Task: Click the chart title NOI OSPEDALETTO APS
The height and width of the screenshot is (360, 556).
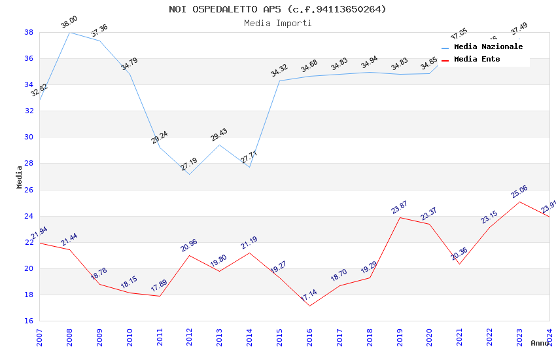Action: pos(277,9)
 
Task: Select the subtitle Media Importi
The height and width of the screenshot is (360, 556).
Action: pos(277,24)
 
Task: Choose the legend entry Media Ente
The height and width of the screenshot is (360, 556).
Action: pos(477,59)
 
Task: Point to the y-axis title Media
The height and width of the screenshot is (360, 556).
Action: pos(20,177)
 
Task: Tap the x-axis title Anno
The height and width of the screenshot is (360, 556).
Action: pos(540,343)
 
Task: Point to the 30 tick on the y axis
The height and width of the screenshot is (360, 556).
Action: pos(29,137)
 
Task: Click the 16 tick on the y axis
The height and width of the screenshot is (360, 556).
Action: pos(29,321)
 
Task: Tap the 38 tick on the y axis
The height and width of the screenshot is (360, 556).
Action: pos(29,32)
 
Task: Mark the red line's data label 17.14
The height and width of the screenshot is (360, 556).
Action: pos(308,296)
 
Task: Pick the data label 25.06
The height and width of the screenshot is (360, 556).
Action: pos(519,191)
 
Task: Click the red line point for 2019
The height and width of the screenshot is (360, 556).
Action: pos(400,217)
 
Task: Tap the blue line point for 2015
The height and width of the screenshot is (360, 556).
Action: pos(279,81)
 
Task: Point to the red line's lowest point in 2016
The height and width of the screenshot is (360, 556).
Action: pos(309,306)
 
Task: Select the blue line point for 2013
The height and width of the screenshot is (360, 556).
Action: pos(220,145)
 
